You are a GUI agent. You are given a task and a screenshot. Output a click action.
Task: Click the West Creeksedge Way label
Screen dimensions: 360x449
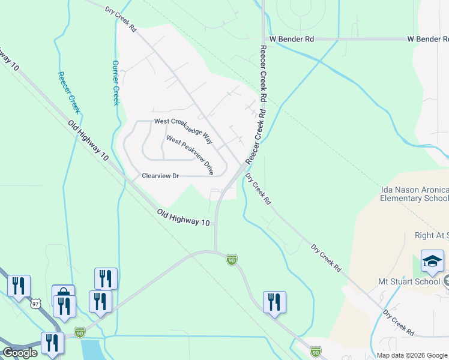tap(183, 130)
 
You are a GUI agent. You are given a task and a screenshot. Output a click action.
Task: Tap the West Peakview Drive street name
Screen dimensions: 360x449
tap(190, 155)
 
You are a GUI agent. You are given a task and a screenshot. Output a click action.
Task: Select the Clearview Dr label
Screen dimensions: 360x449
tap(160, 176)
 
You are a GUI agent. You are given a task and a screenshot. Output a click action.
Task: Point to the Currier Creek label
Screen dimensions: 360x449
tap(116, 82)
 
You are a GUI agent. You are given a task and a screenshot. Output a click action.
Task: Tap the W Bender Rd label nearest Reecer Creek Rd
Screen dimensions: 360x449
tap(292, 39)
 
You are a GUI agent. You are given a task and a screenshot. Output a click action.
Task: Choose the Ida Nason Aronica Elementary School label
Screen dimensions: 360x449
tap(414, 194)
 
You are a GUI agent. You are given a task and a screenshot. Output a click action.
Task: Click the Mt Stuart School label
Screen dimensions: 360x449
tap(414, 280)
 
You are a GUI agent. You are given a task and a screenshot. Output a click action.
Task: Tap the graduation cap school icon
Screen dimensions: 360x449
tap(432, 261)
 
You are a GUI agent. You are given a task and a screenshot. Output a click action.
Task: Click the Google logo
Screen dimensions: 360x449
tap(20, 353)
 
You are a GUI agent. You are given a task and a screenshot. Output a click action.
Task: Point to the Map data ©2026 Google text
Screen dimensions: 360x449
tap(411, 355)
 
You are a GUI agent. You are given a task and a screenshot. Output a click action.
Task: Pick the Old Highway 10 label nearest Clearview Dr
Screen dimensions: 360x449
tap(184, 217)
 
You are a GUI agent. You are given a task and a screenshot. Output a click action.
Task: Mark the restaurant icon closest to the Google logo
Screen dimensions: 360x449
tap(52, 343)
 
